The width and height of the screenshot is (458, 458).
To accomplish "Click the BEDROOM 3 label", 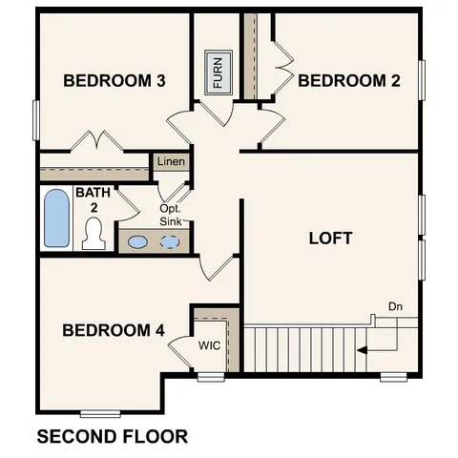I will point(114,81).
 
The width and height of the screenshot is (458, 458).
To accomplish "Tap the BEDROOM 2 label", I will point(349,81).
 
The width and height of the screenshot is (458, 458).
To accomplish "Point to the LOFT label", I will point(331,238).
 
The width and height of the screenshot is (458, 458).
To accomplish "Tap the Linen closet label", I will point(172,161).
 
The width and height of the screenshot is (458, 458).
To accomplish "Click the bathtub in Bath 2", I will point(57,219).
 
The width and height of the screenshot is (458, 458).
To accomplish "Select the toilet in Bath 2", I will point(93,233).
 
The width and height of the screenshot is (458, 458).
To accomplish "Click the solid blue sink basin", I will point(138,241).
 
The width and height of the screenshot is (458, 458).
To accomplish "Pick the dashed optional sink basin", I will point(170,241).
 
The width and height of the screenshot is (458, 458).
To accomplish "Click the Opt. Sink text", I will point(171,215).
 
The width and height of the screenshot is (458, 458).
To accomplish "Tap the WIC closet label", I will point(210,345).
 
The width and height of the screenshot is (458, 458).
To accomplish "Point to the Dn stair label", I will point(396,306).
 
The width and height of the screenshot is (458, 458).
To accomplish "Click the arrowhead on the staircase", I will point(362,350).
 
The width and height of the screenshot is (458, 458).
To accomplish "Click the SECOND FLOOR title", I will point(112,438).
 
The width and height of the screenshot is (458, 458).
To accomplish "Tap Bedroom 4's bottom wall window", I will point(99,413).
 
